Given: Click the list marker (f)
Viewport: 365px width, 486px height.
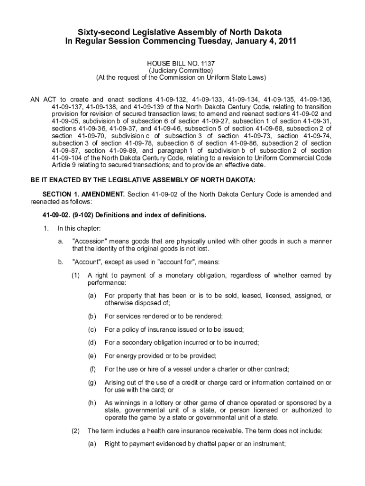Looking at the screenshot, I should pos(92,369).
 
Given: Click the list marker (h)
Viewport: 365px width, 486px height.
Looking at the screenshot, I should pos(92,403).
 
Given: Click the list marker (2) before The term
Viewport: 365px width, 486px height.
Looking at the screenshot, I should pos(75,431).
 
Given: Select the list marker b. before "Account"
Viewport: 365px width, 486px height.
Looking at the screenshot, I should pos(61,262).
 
